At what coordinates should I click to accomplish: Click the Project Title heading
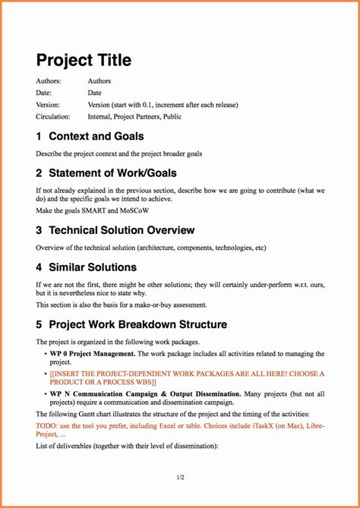84,60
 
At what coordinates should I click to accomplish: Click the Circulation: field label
53,117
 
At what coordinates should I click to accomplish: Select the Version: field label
48,105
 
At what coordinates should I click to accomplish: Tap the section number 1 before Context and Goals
39,137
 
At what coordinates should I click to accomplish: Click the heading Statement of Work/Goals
112,173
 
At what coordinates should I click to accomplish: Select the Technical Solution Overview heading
122,230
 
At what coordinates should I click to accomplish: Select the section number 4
39,267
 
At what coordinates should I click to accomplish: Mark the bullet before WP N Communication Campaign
46,394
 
